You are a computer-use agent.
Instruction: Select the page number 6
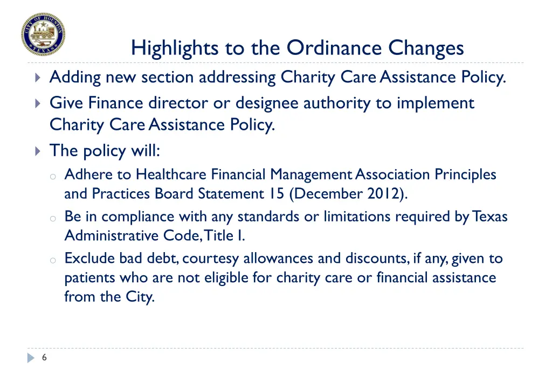[44, 357]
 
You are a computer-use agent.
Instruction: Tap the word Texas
[489, 217]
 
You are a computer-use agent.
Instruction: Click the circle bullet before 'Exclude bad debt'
[53, 260]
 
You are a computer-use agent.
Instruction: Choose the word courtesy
[211, 259]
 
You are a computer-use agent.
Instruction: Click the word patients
[86, 278]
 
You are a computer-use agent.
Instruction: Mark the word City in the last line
[140, 297]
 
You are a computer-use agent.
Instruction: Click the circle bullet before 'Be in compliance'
[53, 218]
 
